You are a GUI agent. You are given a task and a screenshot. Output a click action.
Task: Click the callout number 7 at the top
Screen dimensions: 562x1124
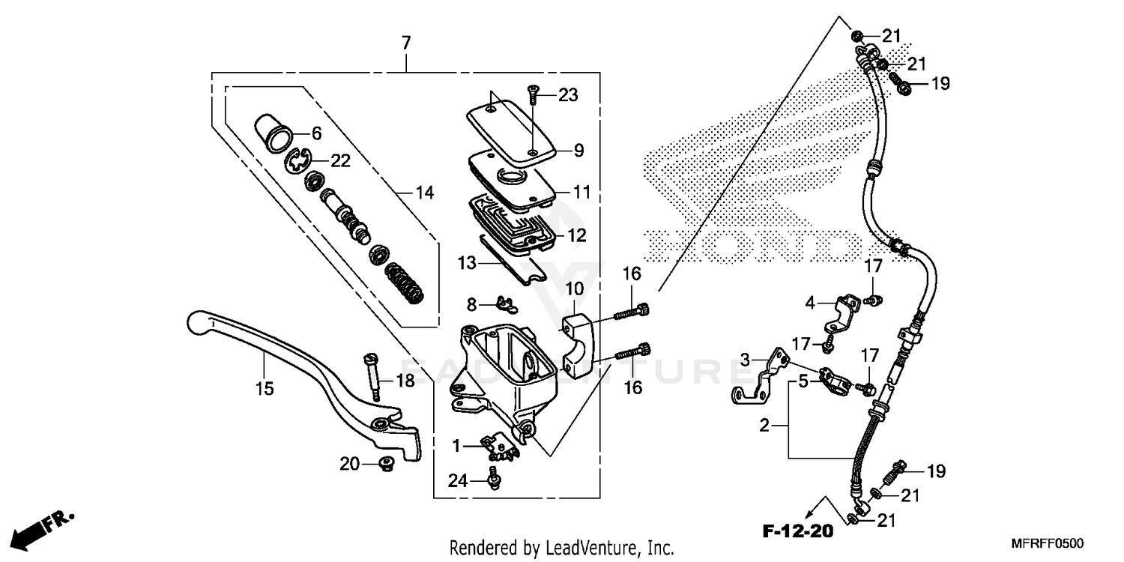[406, 43]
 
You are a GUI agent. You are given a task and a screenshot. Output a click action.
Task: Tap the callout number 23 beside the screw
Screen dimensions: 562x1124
[568, 95]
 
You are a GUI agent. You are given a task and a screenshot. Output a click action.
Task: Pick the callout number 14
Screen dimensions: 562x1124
[424, 193]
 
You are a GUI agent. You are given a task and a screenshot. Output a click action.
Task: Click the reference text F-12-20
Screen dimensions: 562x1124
[798, 532]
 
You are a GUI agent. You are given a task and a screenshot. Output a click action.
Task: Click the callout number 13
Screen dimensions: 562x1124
[468, 263]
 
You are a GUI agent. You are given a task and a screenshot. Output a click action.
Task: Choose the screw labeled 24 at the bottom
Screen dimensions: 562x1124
[495, 477]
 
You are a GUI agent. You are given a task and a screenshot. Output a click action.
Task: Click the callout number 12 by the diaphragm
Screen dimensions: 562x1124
[576, 235]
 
